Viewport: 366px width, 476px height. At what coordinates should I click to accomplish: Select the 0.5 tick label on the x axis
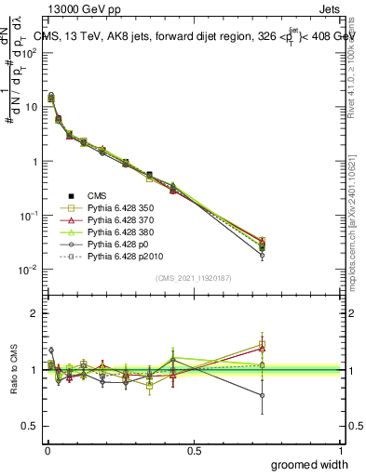194,449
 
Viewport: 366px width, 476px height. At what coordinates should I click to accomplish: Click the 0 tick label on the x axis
47,449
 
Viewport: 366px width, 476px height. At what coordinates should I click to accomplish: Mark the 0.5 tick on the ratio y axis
31,426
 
